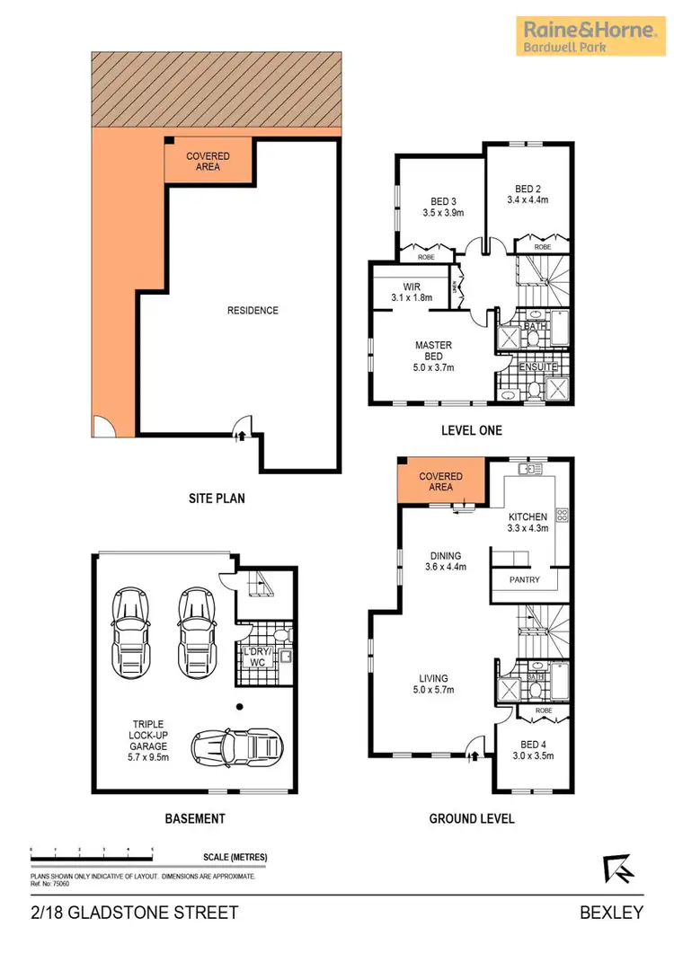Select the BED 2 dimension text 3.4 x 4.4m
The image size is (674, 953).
pyautogui.click(x=530, y=200)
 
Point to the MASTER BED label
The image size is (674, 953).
pyautogui.click(x=433, y=350)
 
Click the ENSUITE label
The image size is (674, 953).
pyautogui.click(x=539, y=367)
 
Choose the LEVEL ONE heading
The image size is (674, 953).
pyautogui.click(x=472, y=430)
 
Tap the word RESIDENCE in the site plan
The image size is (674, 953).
pyautogui.click(x=253, y=311)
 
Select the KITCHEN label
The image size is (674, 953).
pyautogui.click(x=528, y=516)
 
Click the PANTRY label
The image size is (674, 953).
pyautogui.click(x=524, y=579)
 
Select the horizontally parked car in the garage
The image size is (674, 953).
pyautogui.click(x=237, y=744)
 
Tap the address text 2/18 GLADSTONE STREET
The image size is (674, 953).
pyautogui.click(x=135, y=913)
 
